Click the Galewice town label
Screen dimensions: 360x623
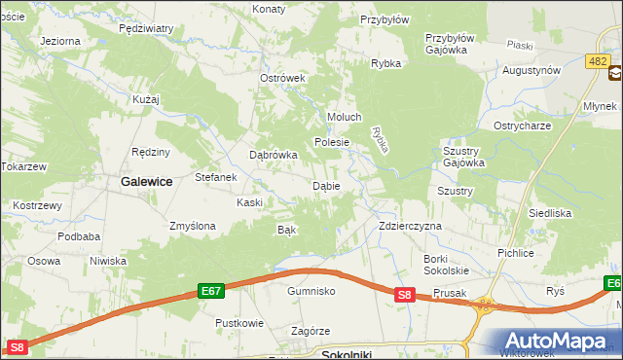pos(146,181)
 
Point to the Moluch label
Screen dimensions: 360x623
pos(345,117)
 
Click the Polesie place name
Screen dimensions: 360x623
pos(331,141)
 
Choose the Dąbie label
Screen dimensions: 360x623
pos(325,185)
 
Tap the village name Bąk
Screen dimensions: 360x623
pos(286,230)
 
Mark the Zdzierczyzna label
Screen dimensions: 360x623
pos(410,226)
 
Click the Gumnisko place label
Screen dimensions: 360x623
pos(311,291)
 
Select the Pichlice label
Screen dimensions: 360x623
pos(514,253)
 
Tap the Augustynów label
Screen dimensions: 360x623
pos(531,71)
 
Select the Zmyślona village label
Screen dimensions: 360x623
pos(192,226)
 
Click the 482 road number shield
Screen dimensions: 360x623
pos(598,60)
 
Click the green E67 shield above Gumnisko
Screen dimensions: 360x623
pos(212,290)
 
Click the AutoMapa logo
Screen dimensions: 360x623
pos(560,340)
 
